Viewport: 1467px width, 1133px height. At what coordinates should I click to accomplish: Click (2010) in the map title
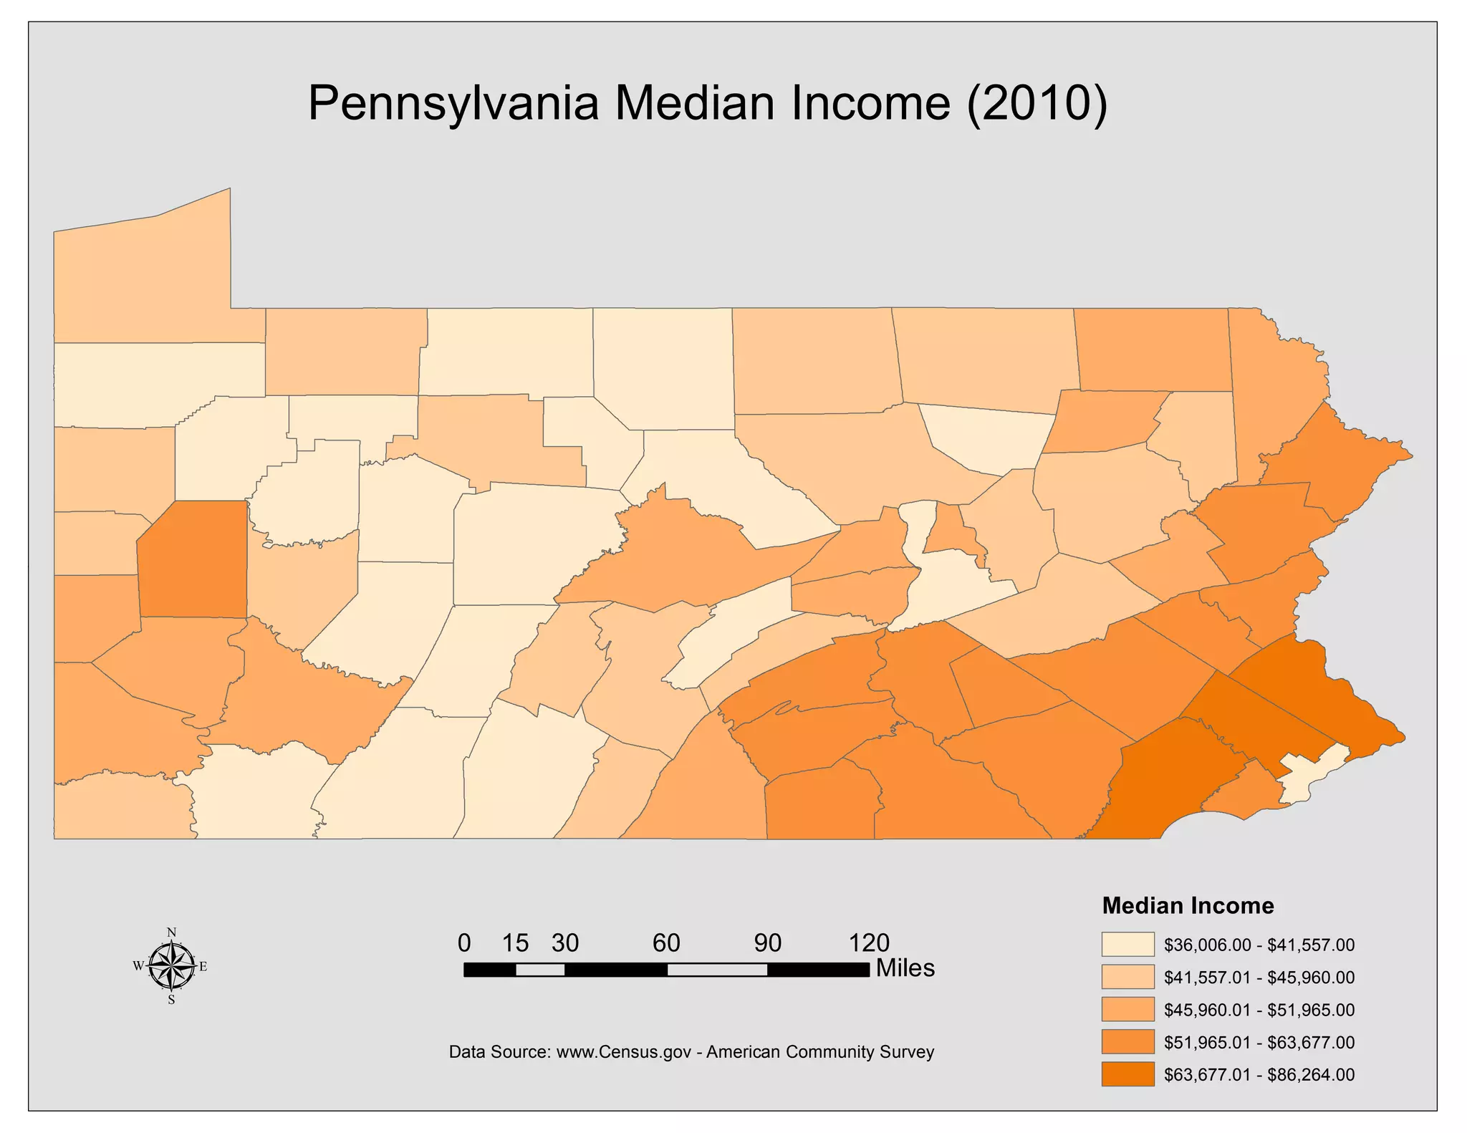click(x=1036, y=104)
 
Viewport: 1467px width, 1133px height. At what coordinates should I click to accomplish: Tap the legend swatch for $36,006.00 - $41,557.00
click(x=1127, y=944)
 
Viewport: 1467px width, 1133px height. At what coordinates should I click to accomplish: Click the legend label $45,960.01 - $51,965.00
click(x=1259, y=1011)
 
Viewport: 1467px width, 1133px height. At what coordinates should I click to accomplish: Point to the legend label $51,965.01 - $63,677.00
click(x=1259, y=1042)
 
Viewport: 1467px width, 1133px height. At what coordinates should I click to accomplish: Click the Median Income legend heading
click(x=1188, y=905)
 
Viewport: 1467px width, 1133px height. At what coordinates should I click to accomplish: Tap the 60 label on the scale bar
click(x=665, y=942)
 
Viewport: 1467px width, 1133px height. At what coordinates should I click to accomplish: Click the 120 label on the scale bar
click(x=868, y=942)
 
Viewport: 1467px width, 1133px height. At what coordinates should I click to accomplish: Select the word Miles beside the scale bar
click(x=905, y=968)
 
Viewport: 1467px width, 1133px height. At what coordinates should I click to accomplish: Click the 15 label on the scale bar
click(x=514, y=942)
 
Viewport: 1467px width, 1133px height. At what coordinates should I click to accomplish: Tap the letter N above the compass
click(x=171, y=932)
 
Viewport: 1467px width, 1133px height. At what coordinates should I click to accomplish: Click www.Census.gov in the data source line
click(x=623, y=1052)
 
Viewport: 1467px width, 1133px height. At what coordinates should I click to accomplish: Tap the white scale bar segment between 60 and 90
click(x=717, y=970)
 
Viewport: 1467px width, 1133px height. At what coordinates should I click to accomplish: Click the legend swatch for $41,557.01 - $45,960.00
click(x=1127, y=977)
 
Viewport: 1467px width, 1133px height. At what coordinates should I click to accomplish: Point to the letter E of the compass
click(x=203, y=967)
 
